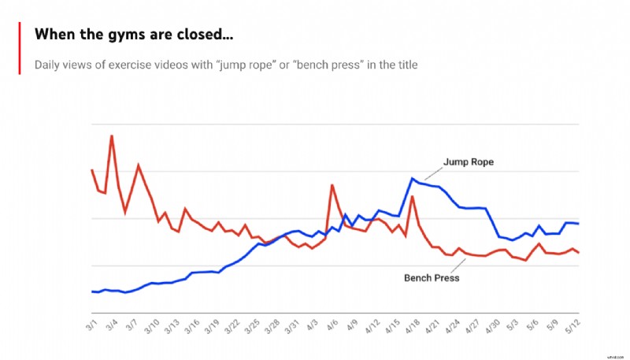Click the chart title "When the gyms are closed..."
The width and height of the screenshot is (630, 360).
click(134, 35)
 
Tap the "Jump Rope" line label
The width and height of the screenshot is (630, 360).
click(468, 161)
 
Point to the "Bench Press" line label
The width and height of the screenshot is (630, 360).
click(431, 278)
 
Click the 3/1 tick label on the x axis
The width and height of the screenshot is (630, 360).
click(93, 324)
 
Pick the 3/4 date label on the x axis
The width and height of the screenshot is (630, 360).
click(113, 324)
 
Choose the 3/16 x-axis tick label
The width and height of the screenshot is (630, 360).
click(191, 325)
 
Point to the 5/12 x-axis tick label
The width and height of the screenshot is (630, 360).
click(573, 325)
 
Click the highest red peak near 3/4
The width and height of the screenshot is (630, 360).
click(112, 135)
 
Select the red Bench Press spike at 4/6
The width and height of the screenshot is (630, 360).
click(332, 185)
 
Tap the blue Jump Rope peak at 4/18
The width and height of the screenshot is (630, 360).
click(412, 178)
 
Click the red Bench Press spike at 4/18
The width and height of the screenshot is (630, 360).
click(413, 197)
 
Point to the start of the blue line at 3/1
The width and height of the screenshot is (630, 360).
click(92, 291)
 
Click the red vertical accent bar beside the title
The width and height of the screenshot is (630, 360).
click(20, 47)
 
